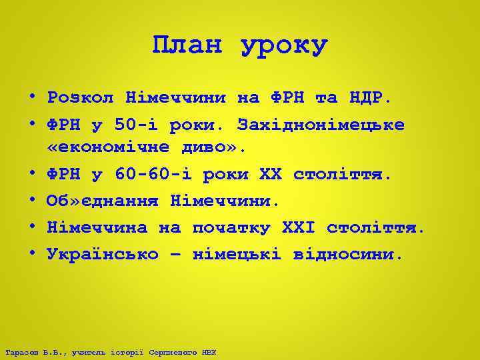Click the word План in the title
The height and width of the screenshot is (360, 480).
(x=187, y=45)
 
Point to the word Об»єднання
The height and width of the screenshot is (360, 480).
(x=103, y=201)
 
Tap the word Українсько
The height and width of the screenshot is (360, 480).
(x=103, y=254)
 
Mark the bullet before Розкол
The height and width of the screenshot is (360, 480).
(x=32, y=98)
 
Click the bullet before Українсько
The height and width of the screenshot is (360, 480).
(x=32, y=254)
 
